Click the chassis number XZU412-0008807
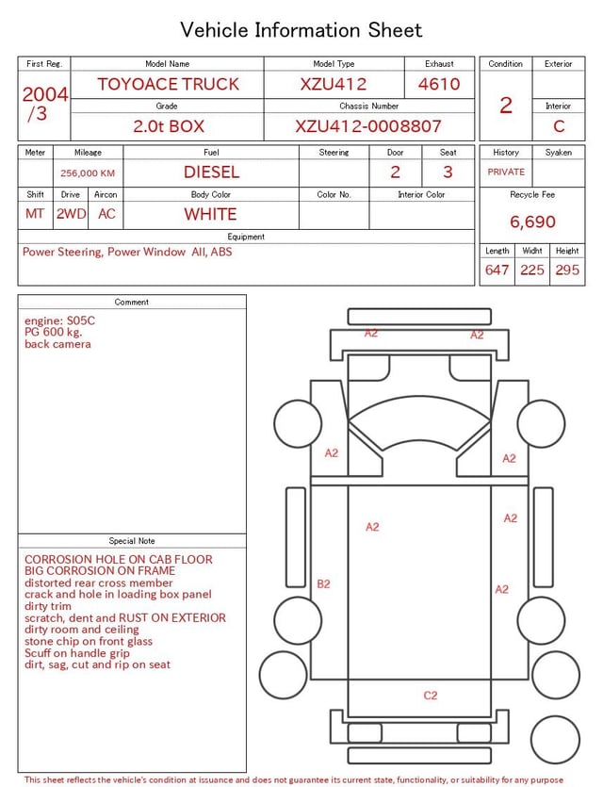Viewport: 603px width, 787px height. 368,126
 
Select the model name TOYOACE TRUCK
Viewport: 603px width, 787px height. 168,84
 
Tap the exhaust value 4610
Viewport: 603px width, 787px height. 439,84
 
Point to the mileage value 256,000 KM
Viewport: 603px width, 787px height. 88,173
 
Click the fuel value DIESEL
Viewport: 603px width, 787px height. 211,172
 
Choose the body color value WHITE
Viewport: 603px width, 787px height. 210,214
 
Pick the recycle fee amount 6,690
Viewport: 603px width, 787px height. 532,221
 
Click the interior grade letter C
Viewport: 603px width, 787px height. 559,126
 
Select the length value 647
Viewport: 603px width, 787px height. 497,270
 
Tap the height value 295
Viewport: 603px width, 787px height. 567,270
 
